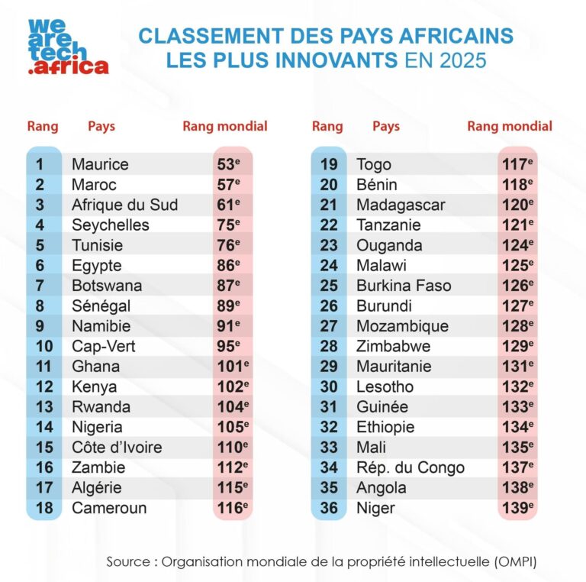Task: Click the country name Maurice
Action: click(x=100, y=164)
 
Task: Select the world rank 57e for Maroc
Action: click(x=230, y=185)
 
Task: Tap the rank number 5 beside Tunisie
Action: click(x=40, y=245)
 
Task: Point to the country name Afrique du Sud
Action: click(x=124, y=205)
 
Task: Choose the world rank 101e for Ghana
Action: click(x=232, y=367)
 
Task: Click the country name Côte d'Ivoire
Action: click(x=117, y=448)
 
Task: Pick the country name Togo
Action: click(x=374, y=164)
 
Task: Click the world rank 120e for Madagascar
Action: click(x=517, y=205)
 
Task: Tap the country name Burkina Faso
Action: click(x=404, y=286)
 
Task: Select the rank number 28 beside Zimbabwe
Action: click(x=329, y=346)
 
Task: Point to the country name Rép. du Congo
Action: click(x=411, y=467)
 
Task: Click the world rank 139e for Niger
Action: click(x=517, y=508)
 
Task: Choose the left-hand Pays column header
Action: click(x=101, y=126)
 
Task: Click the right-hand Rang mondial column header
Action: click(x=510, y=126)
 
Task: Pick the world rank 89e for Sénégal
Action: click(x=230, y=306)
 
